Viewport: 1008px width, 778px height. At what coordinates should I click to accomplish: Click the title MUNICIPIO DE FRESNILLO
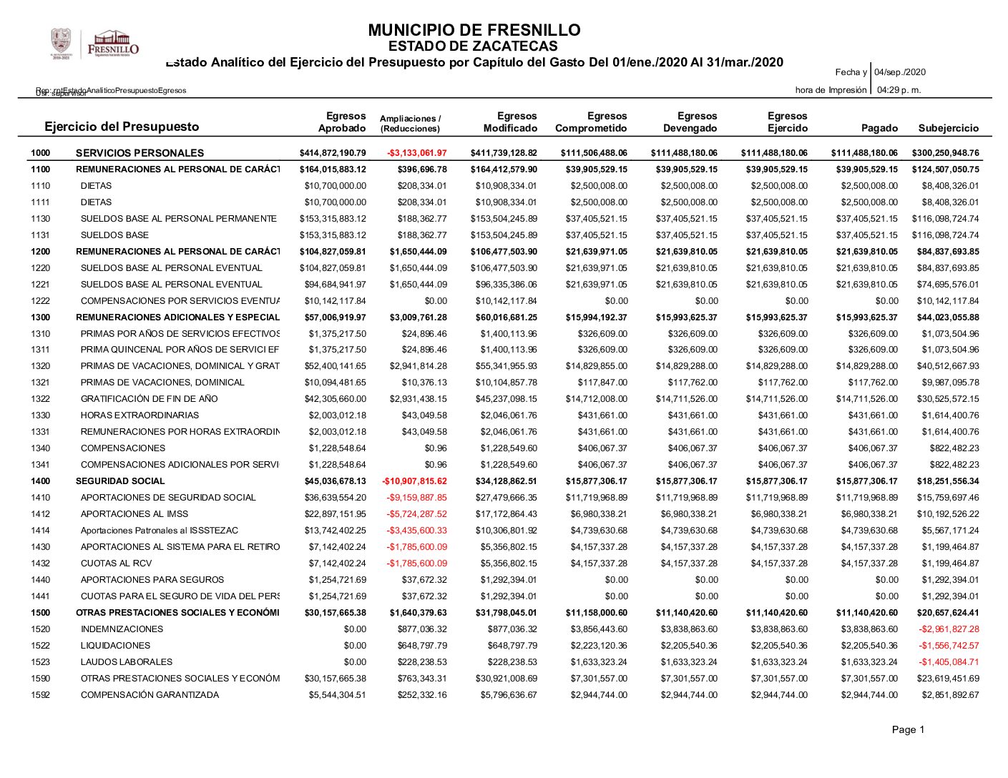(474, 30)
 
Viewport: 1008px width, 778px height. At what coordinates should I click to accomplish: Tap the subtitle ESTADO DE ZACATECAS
(473, 46)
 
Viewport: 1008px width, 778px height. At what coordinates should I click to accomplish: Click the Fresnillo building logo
(113, 43)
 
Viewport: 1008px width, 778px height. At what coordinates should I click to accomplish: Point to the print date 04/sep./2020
(900, 72)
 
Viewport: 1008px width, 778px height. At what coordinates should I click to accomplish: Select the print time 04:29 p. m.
(899, 90)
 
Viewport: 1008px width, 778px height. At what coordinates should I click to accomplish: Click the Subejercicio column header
(948, 128)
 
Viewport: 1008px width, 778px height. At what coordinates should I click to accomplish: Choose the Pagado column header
(879, 128)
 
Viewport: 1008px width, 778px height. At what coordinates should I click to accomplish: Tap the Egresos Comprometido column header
(591, 122)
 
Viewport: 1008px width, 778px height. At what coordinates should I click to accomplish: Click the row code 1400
(41, 481)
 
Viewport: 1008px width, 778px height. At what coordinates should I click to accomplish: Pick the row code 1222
(41, 301)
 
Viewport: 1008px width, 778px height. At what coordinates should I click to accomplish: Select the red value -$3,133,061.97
(416, 153)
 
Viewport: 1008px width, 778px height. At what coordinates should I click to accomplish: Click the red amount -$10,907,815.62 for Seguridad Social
(414, 481)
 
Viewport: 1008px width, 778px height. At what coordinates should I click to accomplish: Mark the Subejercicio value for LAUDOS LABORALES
(949, 662)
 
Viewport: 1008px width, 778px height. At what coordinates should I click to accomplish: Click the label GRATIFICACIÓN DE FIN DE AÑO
(149, 399)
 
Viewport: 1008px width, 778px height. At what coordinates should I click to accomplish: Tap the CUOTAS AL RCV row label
(116, 563)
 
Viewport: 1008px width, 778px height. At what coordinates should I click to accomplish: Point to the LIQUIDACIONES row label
(115, 646)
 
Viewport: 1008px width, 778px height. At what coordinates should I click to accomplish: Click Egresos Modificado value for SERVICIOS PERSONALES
(504, 153)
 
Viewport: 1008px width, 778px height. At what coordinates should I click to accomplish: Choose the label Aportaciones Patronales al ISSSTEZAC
(159, 531)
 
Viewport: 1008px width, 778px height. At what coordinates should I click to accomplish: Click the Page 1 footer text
(908, 729)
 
